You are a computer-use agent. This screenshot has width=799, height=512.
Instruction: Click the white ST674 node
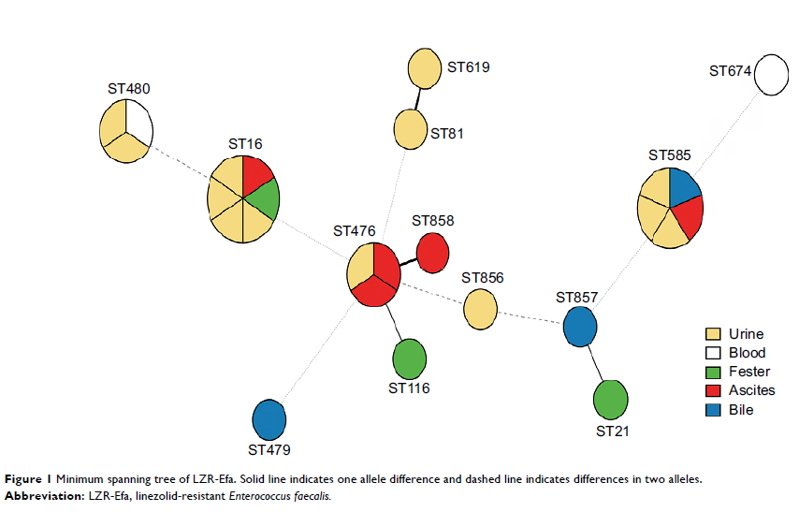pyautogui.click(x=772, y=75)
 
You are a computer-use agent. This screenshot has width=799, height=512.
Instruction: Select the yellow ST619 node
pyautogui.click(x=425, y=69)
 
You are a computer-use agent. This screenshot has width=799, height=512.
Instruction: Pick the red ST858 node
pyautogui.click(x=432, y=253)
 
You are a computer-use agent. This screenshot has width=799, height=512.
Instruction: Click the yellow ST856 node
pyautogui.click(x=480, y=309)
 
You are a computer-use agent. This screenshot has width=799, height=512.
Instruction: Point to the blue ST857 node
pyautogui.click(x=580, y=327)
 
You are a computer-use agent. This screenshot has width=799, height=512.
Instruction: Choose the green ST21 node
pyautogui.click(x=610, y=400)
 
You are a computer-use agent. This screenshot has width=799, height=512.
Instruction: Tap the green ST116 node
pyautogui.click(x=410, y=358)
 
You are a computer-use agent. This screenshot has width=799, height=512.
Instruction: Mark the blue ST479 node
pyautogui.click(x=269, y=419)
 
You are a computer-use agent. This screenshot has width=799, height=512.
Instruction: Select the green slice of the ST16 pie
pyautogui.click(x=263, y=199)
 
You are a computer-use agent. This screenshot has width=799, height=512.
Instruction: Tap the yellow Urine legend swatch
pyautogui.click(x=713, y=334)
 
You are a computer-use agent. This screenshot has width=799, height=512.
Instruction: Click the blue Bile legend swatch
pyautogui.click(x=713, y=409)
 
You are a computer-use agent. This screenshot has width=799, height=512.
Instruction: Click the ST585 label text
pyautogui.click(x=671, y=154)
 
